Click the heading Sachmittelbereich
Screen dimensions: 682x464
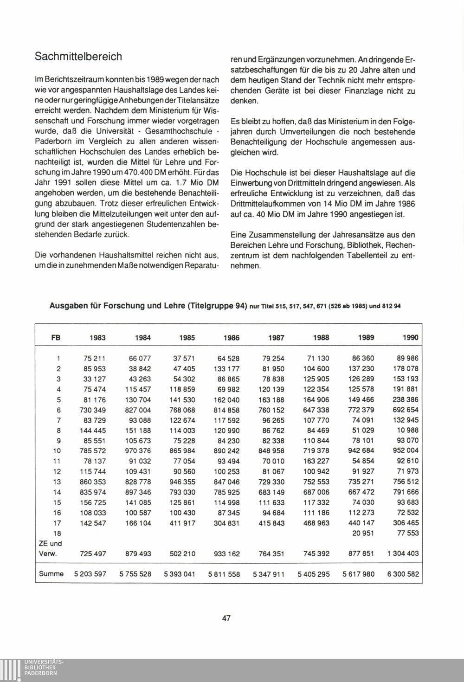pos(78,57)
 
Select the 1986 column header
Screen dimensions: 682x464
pos(231,338)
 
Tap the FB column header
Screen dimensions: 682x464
pos(55,338)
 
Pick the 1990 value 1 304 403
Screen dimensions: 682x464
pos(402,553)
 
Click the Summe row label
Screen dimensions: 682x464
pos(51,574)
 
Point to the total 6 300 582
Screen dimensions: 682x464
pos(402,574)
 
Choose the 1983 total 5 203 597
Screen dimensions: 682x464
pos(90,574)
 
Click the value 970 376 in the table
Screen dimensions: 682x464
pos(138,450)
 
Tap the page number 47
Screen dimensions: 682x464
pos(226,618)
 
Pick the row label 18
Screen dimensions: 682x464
pos(58,533)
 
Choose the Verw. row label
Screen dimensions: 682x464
pos(48,553)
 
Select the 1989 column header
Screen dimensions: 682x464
pos(366,338)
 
